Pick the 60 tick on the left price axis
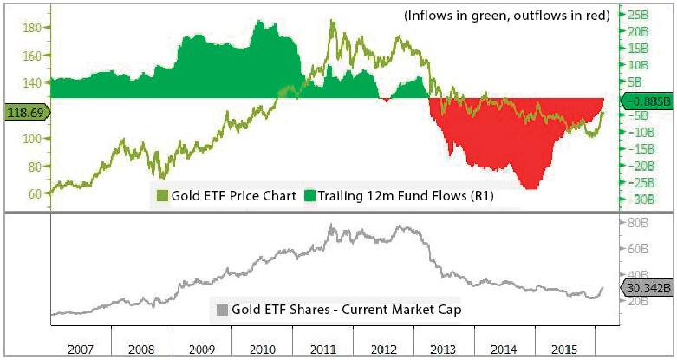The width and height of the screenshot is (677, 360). (x=33, y=193)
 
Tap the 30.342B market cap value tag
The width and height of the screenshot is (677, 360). (x=646, y=289)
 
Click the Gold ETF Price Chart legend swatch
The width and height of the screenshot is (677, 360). (x=159, y=195)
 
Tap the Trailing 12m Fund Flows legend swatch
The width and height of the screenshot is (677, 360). (x=310, y=195)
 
